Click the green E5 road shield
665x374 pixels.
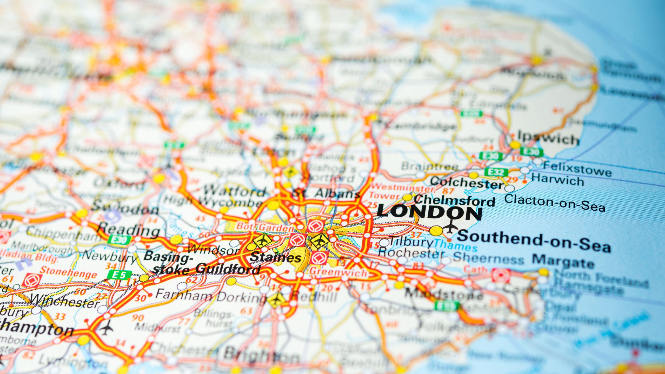tap(120, 275)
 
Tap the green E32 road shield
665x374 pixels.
tap(496, 172)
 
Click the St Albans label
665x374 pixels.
tap(326, 193)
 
